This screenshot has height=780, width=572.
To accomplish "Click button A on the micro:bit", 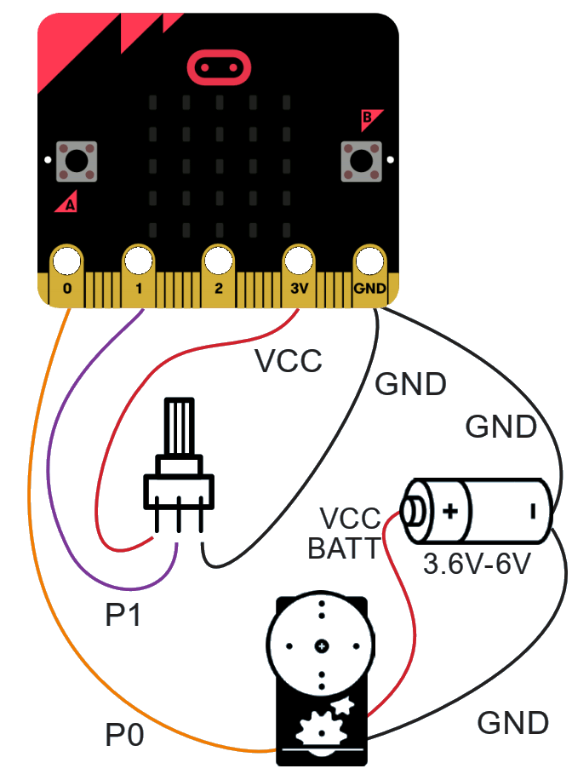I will point(76,161).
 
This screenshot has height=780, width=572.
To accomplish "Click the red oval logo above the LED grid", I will point(220,66).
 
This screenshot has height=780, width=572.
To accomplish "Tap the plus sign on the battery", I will point(449,512).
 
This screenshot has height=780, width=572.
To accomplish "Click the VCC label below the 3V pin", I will point(289,362).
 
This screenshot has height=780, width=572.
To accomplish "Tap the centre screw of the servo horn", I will point(321,646).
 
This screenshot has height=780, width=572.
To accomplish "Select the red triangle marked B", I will point(372,119).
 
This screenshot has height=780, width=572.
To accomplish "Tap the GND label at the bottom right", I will point(512,723).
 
